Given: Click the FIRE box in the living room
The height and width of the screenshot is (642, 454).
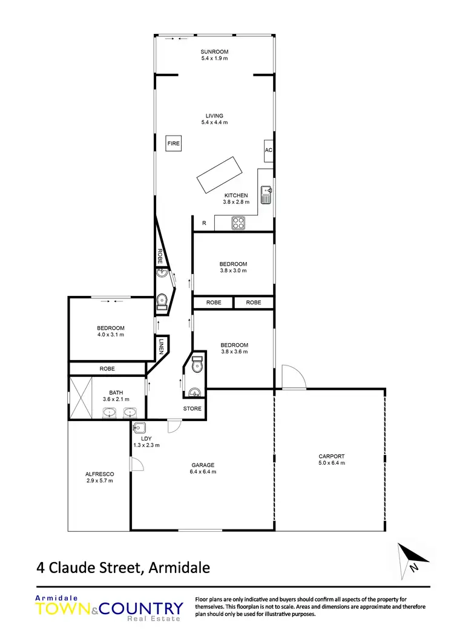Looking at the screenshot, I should coord(174,143).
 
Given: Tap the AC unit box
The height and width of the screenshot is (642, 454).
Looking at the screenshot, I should coord(268,151).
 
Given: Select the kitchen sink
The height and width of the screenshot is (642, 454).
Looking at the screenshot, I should coord(266,194).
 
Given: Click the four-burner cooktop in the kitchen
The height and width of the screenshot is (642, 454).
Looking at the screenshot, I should coord(239,223).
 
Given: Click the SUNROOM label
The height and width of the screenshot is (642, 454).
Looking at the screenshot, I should coord(215,52).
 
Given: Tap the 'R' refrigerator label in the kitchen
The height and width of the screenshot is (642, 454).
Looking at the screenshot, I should coord(204,223).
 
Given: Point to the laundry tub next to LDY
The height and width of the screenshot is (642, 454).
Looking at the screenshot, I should coord(139,426).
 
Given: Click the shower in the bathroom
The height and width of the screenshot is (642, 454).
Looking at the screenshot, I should coord(80,398).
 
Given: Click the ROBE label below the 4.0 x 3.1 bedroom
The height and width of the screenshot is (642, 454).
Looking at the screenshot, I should coord(107,368).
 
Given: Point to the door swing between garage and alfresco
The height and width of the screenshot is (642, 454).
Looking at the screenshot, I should coord(137,465).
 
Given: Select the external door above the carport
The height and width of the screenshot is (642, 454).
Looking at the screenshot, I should coord(292,377).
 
